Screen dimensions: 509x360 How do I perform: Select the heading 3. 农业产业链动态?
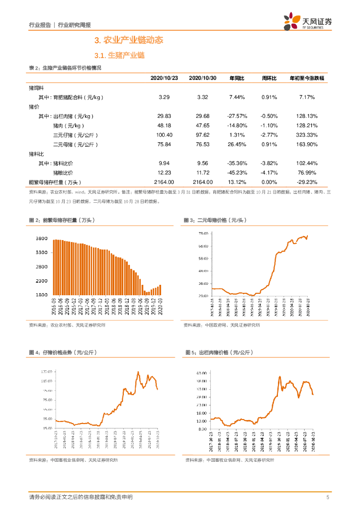pos(129,40)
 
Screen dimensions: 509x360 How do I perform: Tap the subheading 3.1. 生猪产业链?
pos(119,56)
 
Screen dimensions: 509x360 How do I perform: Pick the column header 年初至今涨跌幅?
pos(306,79)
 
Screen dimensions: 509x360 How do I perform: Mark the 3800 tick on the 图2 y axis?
pos(42,239)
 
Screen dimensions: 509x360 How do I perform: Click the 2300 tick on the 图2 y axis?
pos(42,281)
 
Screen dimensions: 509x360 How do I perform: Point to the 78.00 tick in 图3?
pos(203,234)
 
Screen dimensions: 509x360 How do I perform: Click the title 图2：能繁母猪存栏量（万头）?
pos(62,220)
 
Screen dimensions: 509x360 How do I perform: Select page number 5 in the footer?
pos(328,497)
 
